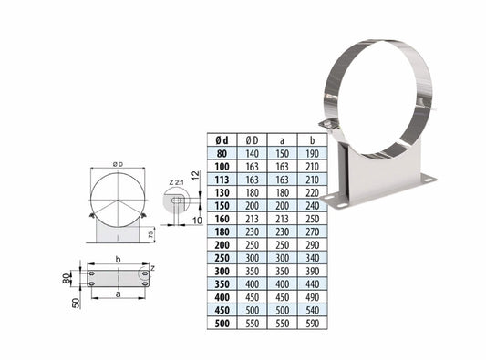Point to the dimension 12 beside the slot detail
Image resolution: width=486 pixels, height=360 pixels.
coord(196,173)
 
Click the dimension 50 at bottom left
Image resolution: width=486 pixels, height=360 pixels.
coord(72,301)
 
